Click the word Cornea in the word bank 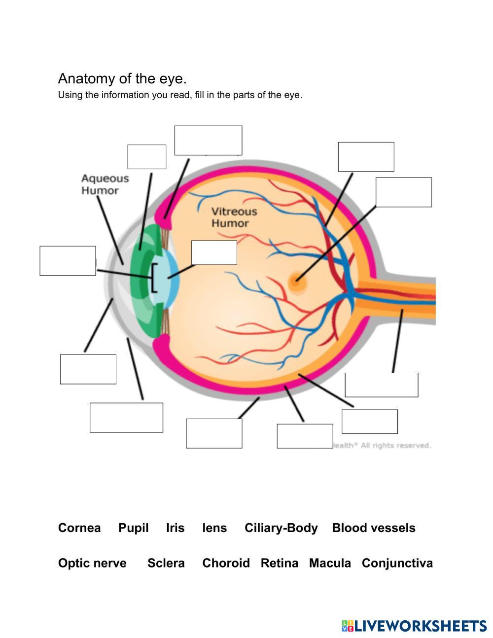click(79, 528)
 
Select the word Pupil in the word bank click(133, 528)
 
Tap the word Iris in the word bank click(175, 528)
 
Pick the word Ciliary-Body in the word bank click(281, 528)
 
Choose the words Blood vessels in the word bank click(373, 528)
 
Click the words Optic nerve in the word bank click(92, 563)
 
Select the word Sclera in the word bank click(166, 563)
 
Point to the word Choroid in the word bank click(226, 563)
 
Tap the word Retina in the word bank click(279, 563)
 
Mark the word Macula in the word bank click(330, 563)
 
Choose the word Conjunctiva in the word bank click(397, 563)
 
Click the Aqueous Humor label click(105, 184)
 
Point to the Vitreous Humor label click(234, 217)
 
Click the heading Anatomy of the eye click(122, 78)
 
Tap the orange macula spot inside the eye click(297, 283)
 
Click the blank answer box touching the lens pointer click(214, 252)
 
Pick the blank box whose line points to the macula click(403, 192)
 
